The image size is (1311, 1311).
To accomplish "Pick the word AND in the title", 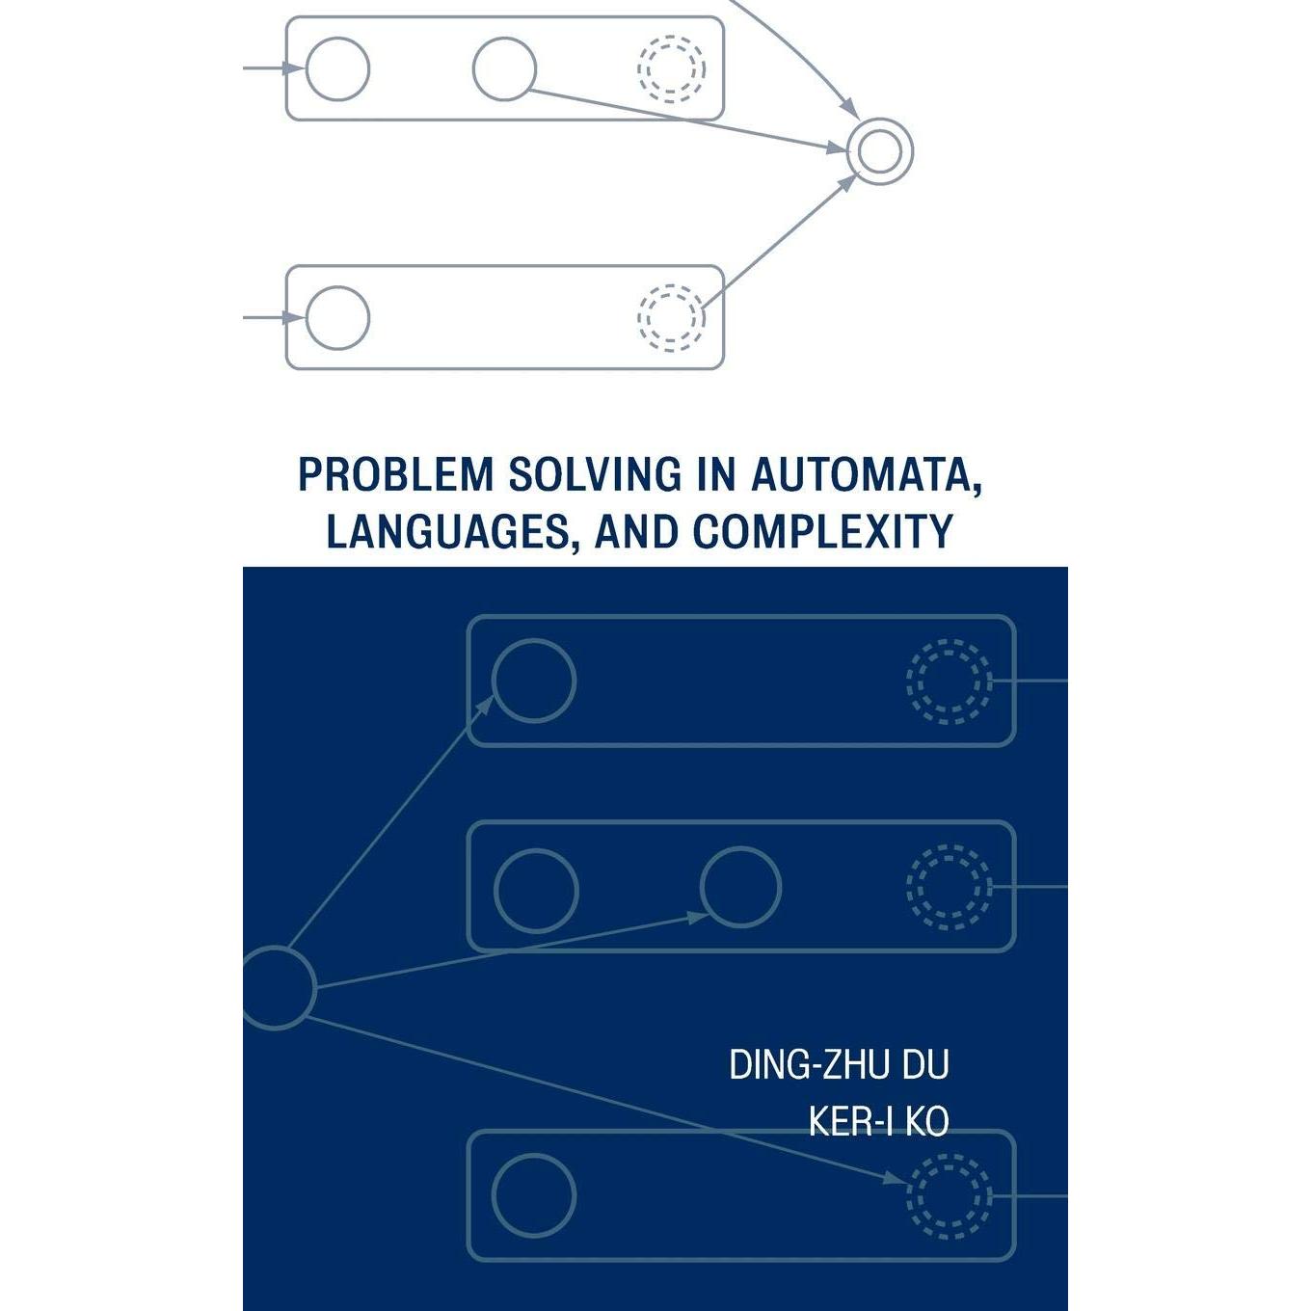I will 637,531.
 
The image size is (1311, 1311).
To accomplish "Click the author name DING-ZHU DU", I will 839,1064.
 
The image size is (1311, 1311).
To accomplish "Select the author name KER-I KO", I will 878,1121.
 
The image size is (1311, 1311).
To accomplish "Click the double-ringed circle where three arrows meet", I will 879,151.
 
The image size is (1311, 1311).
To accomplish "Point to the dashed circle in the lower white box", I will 671,317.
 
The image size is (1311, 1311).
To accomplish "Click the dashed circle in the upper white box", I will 671,68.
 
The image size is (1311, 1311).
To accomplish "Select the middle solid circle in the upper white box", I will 504,68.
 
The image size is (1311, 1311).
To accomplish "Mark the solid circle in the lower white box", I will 337,317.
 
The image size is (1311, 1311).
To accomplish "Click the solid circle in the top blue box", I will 533,681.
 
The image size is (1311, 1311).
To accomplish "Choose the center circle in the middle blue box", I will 740,887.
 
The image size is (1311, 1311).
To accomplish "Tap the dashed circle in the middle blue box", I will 949,887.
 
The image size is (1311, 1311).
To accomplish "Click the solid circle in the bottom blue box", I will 533,1195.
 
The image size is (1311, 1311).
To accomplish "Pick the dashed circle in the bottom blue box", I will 949,1195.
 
